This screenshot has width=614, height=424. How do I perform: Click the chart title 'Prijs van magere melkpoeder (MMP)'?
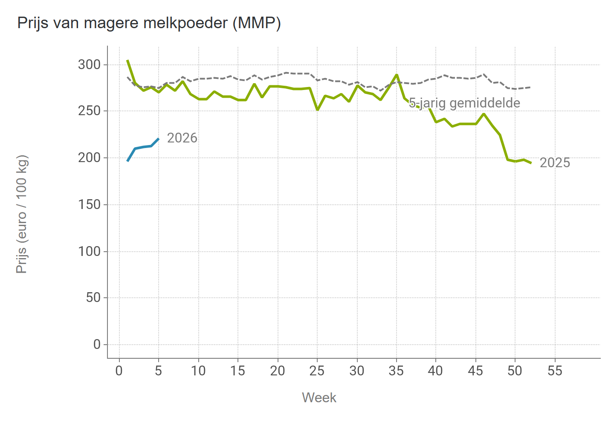(x=149, y=23)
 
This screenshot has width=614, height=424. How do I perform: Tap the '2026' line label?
(x=182, y=138)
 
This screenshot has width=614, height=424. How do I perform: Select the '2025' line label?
(x=555, y=163)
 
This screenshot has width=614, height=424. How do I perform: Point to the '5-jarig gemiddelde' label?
(x=464, y=103)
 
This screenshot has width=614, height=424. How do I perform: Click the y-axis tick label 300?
(x=89, y=65)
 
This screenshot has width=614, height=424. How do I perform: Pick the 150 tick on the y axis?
(x=89, y=205)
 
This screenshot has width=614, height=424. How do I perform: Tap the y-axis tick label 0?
(x=97, y=344)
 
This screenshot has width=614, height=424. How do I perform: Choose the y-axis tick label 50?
(x=93, y=298)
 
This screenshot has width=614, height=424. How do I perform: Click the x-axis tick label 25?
(x=317, y=371)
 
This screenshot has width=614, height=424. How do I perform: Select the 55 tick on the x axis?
(x=555, y=371)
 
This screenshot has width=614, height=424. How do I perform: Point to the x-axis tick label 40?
(x=436, y=371)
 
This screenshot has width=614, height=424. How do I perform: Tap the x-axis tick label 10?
(x=198, y=371)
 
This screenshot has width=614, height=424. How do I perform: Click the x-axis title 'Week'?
(x=319, y=398)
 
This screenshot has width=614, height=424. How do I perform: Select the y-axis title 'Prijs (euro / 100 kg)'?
(x=22, y=214)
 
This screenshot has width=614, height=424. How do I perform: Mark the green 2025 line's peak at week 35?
(x=397, y=75)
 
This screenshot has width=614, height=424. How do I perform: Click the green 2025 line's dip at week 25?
(x=317, y=110)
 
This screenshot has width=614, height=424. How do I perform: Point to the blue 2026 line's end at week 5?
(x=159, y=139)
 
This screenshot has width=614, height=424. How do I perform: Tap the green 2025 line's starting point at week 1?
(x=127, y=60)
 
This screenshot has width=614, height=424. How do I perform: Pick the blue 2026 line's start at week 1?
(x=127, y=161)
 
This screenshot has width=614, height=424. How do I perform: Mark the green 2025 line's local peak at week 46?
(x=484, y=114)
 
